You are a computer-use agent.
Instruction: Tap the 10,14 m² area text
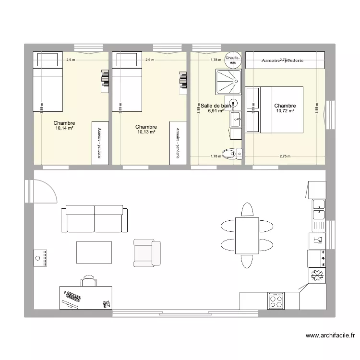point(64,128)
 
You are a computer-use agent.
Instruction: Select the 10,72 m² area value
point(285,111)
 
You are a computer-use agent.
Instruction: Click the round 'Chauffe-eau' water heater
point(233,59)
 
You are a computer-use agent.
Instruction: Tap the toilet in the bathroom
point(234,154)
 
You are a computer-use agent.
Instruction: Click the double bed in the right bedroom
point(274,109)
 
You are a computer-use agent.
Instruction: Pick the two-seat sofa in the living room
point(95,219)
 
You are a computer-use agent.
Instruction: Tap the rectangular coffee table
point(94,252)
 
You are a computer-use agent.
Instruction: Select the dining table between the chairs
point(247,235)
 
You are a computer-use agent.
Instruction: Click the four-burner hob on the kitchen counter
point(276,300)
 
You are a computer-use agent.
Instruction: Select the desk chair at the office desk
point(88,280)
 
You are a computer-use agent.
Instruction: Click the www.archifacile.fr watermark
point(329,336)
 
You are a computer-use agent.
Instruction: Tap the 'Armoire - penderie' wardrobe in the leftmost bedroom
point(99,143)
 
